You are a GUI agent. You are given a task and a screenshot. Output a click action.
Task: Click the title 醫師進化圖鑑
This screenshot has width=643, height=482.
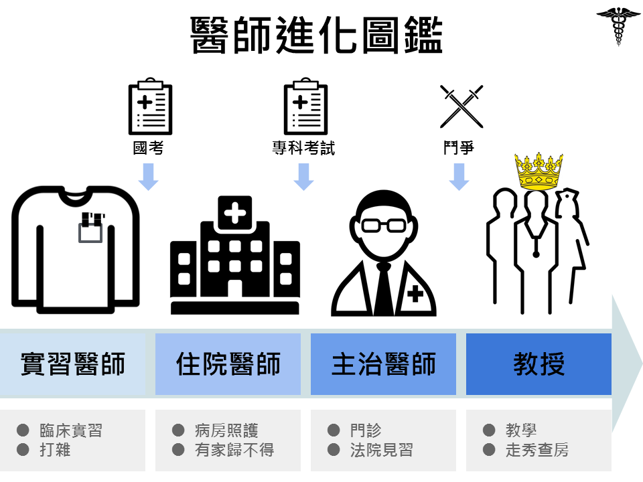tap(317, 35)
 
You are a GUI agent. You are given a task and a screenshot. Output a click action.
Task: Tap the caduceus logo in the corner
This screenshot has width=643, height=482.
tap(618, 25)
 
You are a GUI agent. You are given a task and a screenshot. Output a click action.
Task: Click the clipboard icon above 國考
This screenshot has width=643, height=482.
tap(150, 106)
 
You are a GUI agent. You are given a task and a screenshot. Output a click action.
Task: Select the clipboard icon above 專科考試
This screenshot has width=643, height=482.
tap(305, 106)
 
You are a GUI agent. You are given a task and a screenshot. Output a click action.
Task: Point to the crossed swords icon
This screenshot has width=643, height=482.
tap(461, 106)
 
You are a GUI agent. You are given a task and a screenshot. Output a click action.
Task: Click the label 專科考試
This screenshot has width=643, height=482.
tap(303, 148)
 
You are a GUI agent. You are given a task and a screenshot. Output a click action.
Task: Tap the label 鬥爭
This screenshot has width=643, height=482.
tap(459, 148)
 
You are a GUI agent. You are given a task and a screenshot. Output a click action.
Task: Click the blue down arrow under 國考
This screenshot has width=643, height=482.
tap(148, 175)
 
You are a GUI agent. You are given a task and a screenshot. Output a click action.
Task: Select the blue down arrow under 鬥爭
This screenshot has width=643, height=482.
tap(459, 175)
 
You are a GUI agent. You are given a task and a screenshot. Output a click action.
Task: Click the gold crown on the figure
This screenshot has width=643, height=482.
tap(538, 171)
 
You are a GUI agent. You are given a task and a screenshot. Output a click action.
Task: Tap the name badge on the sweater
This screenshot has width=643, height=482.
tap(91, 228)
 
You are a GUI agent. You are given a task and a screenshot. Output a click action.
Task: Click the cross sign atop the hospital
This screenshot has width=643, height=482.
tap(234, 214)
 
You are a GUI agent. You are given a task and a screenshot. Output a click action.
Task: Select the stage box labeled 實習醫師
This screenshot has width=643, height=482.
tap(72, 364)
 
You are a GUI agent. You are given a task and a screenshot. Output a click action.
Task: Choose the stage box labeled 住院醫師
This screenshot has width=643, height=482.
tap(228, 364)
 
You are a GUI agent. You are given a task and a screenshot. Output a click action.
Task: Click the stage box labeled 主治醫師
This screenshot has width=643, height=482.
tap(383, 364)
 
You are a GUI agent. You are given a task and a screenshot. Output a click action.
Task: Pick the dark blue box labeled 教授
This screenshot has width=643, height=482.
tap(539, 364)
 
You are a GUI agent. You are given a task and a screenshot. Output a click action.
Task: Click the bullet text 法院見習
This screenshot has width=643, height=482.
tap(382, 450)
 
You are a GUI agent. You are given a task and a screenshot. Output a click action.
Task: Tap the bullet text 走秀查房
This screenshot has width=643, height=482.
tap(537, 450)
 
